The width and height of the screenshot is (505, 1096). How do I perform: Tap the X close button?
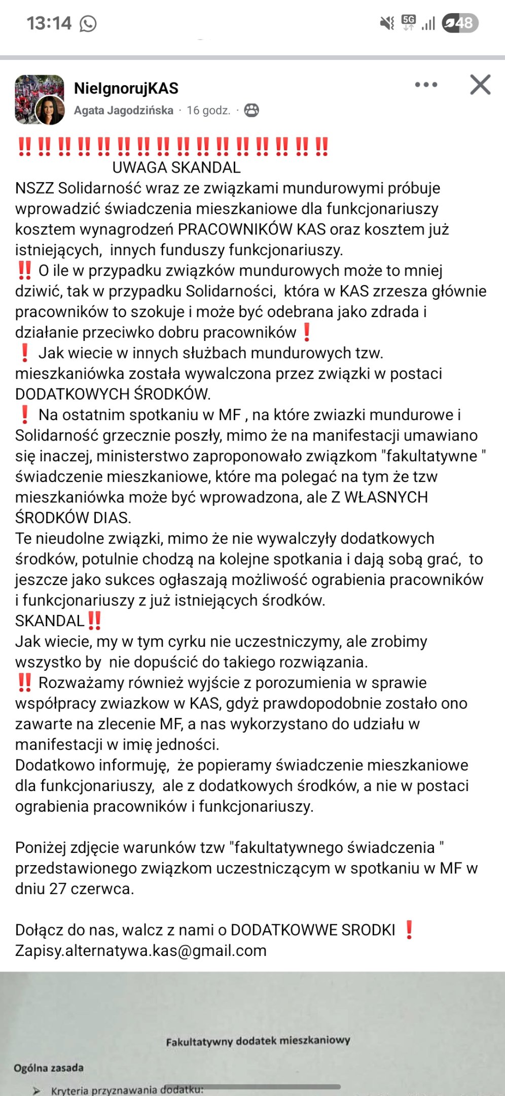click(480, 85)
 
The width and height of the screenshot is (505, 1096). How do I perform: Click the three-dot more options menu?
click(426, 85)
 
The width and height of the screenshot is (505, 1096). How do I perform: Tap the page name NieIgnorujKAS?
click(126, 88)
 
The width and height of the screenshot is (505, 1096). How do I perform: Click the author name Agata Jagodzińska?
click(124, 110)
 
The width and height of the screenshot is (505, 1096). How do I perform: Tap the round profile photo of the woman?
click(50, 111)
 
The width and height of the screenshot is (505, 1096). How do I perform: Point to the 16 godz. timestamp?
click(208, 110)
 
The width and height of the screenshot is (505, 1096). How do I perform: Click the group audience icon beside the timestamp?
click(251, 110)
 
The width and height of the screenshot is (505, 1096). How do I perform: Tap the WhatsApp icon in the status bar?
click(88, 23)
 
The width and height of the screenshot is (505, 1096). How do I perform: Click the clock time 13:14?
click(49, 23)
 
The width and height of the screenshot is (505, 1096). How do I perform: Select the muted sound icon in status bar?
click(387, 23)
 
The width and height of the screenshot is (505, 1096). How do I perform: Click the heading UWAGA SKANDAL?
click(176, 167)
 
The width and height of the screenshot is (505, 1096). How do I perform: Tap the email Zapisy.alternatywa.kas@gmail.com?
click(141, 950)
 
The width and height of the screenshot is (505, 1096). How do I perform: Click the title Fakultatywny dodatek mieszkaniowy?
click(258, 1041)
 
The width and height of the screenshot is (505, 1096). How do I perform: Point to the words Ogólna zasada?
click(49, 1068)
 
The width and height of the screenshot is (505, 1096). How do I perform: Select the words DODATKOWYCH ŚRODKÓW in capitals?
click(113, 394)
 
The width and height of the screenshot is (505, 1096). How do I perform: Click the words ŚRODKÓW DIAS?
click(73, 518)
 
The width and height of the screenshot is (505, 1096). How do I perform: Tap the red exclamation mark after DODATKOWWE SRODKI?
click(409, 930)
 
